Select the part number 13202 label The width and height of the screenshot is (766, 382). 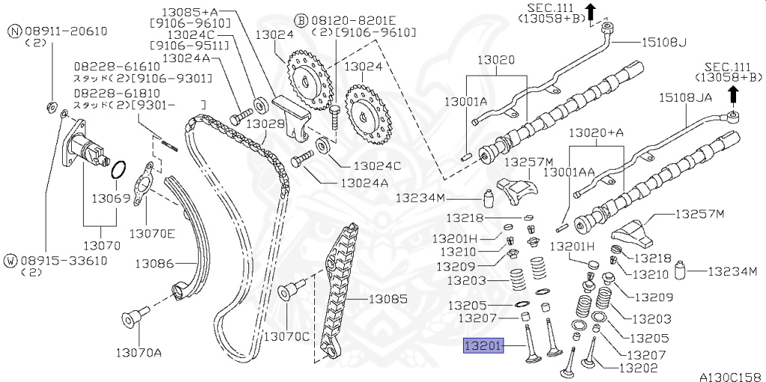coord(638,368)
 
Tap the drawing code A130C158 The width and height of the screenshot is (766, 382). coord(729,376)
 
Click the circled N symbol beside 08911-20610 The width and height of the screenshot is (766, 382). coord(14,31)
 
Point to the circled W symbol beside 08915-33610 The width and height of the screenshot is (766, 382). coord(11,260)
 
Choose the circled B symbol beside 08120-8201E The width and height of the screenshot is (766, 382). coord(300,19)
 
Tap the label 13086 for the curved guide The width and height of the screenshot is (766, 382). coord(154,263)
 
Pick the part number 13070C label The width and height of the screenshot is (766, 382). coord(285,336)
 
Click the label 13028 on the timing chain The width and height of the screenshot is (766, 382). coord(266,123)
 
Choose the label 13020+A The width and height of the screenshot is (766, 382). coord(596,132)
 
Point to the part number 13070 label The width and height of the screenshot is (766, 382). coord(101,244)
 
